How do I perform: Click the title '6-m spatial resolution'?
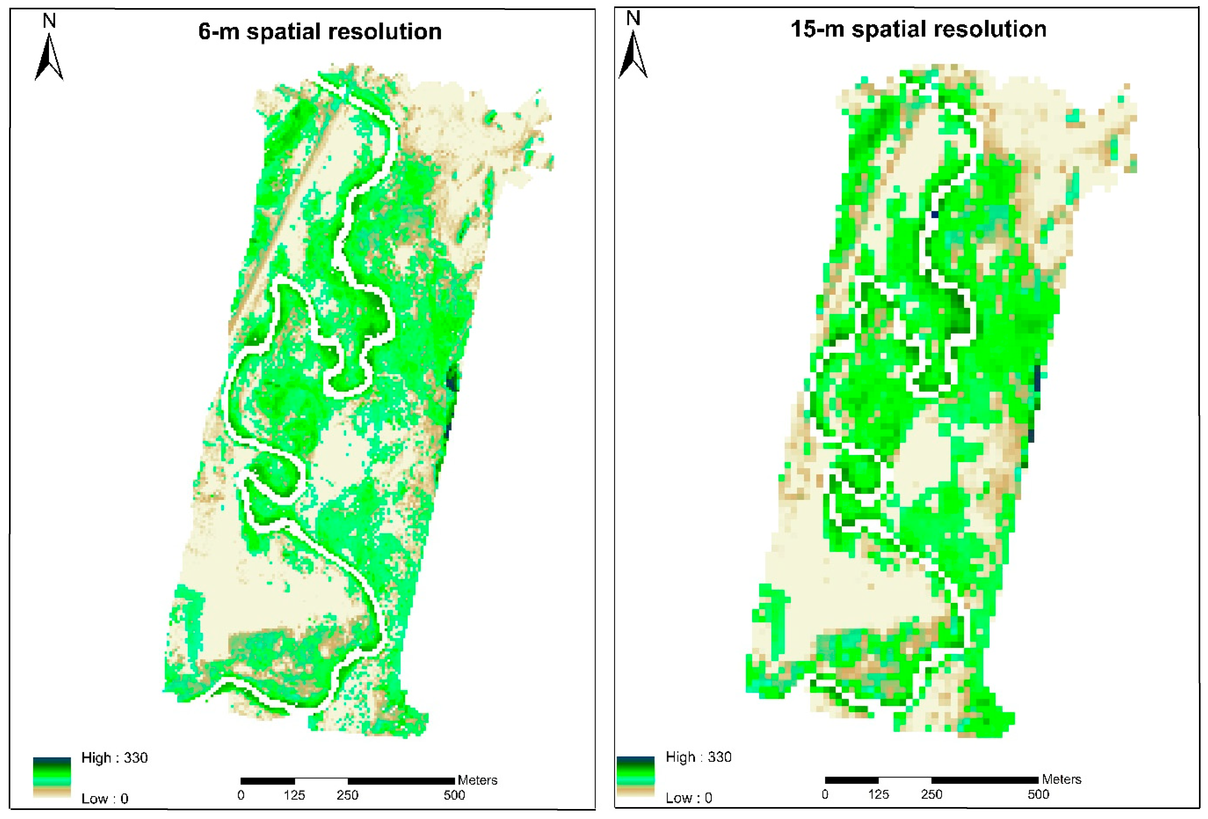(x=320, y=32)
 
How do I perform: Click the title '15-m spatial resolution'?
(x=918, y=29)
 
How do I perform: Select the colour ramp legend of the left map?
(x=52, y=777)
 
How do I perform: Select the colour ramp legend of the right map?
(x=635, y=776)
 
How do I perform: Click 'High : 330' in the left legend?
(x=114, y=758)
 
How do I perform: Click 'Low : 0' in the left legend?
(x=104, y=798)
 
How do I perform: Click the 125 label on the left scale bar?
(x=294, y=795)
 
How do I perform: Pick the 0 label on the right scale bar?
(x=825, y=794)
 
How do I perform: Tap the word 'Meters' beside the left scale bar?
(x=477, y=780)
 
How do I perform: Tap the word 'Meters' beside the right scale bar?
(x=1061, y=779)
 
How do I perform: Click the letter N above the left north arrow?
(x=49, y=21)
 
